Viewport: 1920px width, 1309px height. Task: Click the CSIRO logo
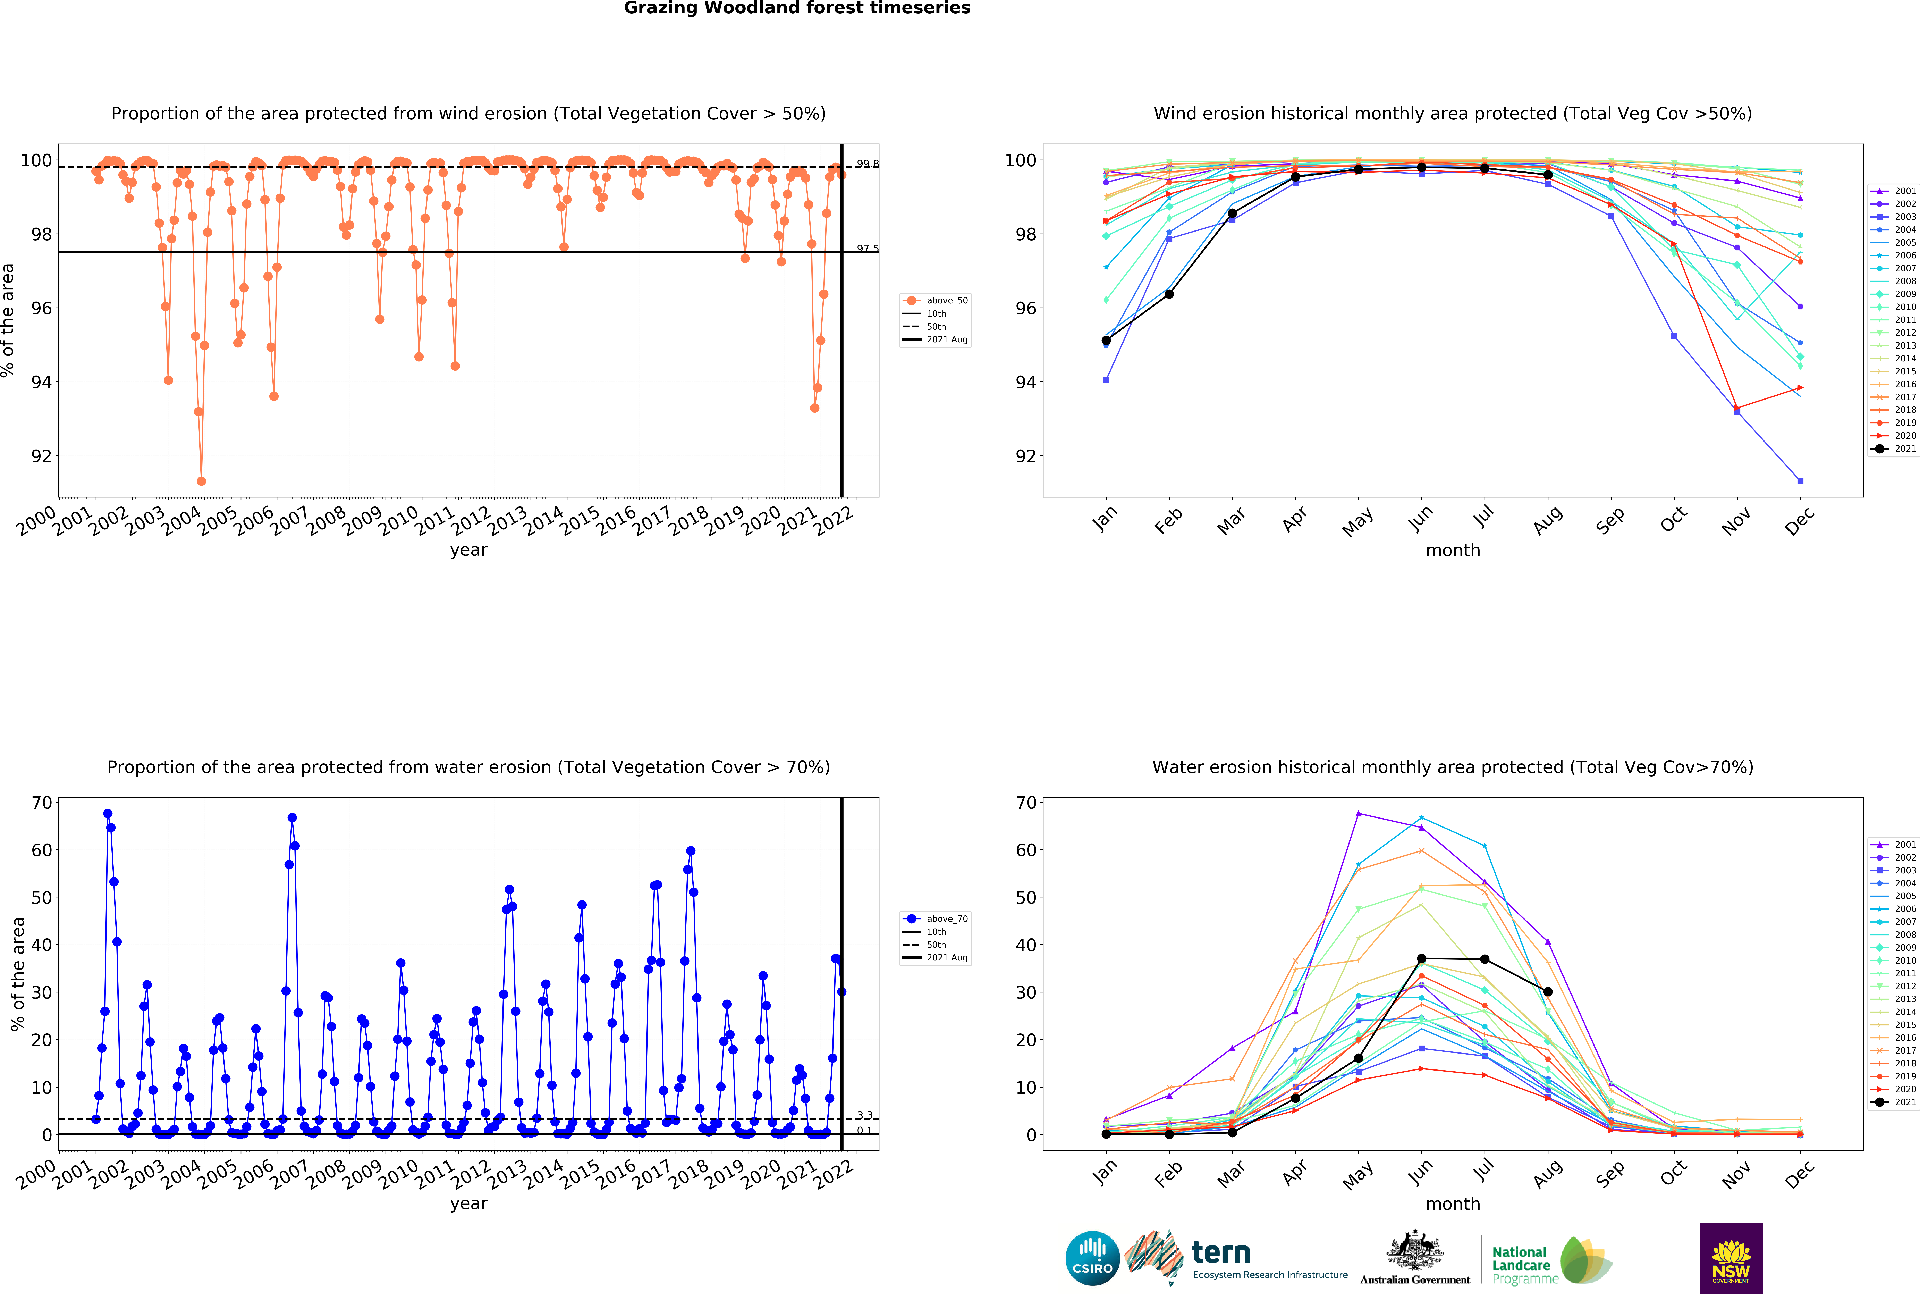[x=1092, y=1259]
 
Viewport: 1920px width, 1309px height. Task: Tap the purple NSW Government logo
[x=1731, y=1258]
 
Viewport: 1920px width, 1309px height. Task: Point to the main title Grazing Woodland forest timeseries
[x=796, y=8]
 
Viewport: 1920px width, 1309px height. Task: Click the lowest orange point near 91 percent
[x=202, y=481]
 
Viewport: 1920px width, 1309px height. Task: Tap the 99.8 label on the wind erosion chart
[x=867, y=164]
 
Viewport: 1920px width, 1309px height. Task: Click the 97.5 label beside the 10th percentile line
[x=867, y=249]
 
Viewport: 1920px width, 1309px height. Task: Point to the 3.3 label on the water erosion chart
[x=864, y=1116]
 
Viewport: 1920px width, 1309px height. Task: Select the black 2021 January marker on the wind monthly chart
[x=1106, y=341]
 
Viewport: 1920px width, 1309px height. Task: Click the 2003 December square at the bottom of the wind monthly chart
[x=1800, y=481]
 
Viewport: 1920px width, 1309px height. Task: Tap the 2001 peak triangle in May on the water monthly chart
[x=1358, y=814]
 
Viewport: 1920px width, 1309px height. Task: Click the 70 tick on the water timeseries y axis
[x=41, y=802]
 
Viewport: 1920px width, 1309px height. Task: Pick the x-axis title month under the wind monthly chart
[x=1452, y=550]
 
